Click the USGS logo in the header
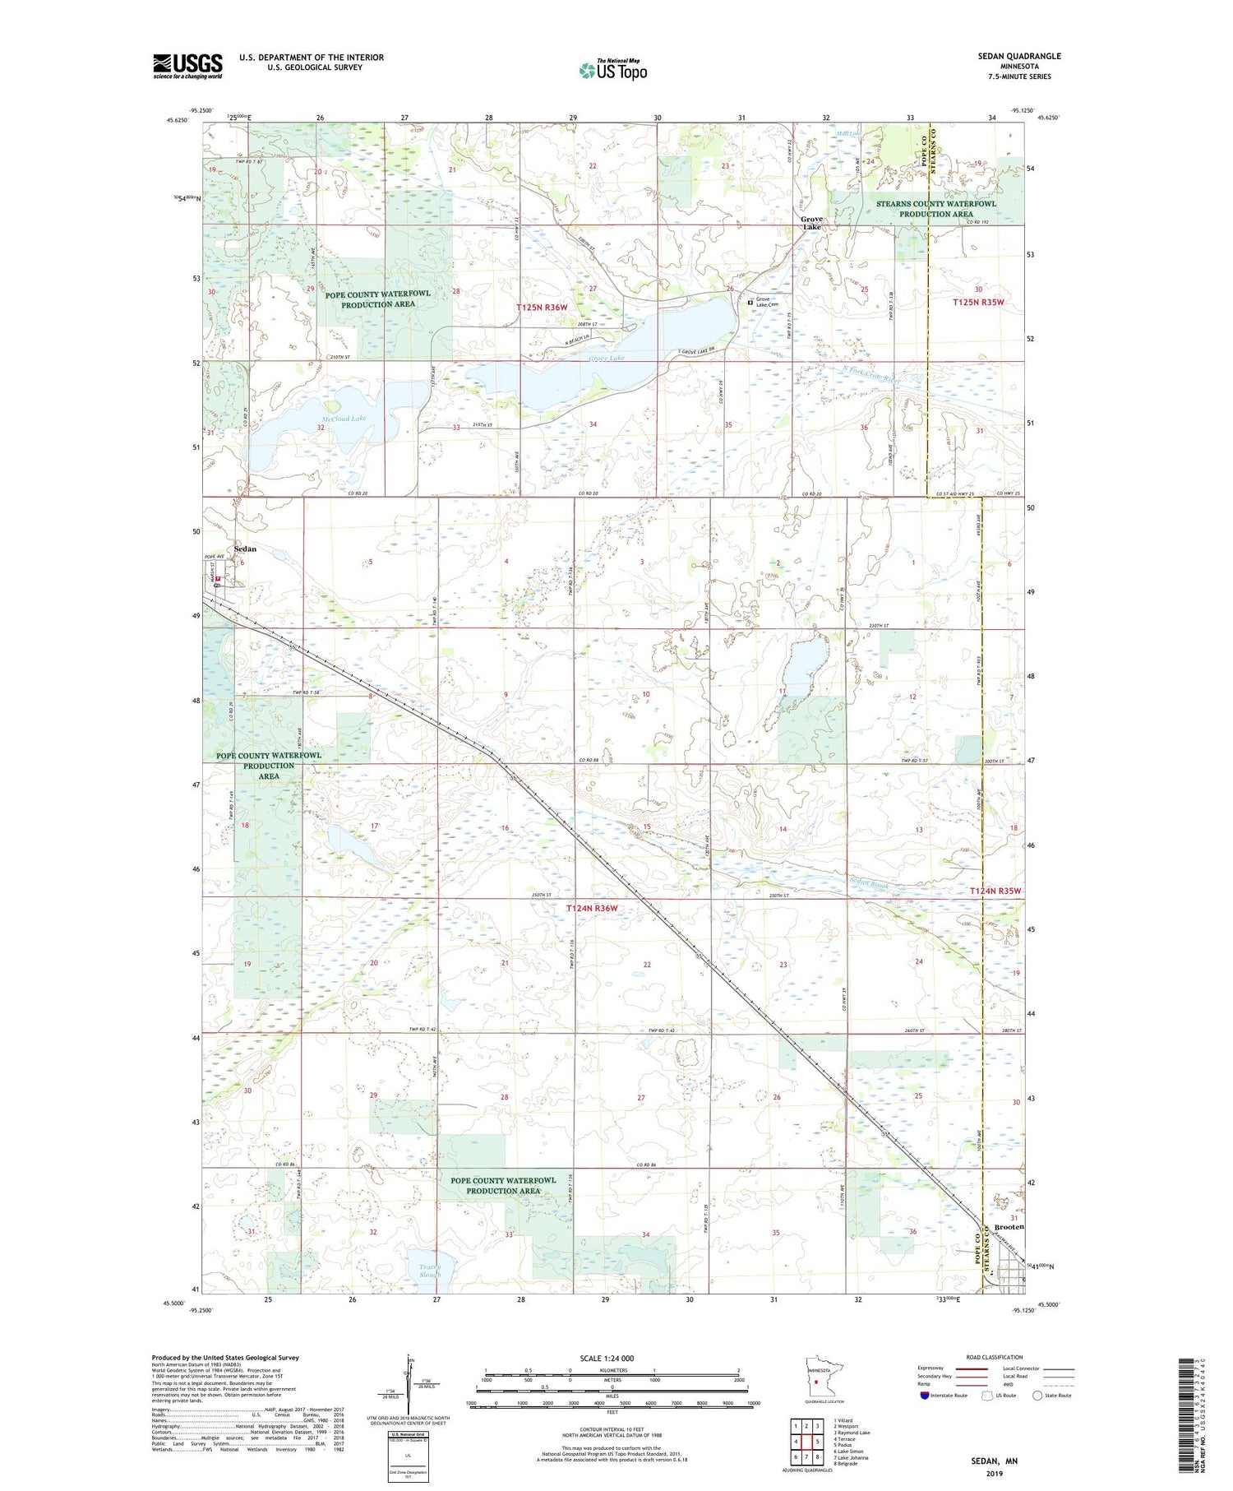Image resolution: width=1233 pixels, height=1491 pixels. [x=187, y=66]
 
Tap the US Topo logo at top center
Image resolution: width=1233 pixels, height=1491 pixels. [x=612, y=70]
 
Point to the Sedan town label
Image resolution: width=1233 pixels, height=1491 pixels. [x=245, y=549]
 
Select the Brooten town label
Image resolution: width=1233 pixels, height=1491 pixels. [x=1009, y=1226]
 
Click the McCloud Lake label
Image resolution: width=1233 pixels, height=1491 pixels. [x=344, y=419]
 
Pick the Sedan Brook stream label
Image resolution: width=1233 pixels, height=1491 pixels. [x=869, y=885]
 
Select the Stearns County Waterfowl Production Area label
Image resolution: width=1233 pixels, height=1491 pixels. [x=935, y=208]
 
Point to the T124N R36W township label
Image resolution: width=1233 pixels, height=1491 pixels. [x=591, y=908]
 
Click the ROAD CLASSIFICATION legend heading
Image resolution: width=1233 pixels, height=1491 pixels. [x=995, y=1357]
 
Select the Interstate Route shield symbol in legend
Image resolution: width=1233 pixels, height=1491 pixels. [x=925, y=1396]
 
